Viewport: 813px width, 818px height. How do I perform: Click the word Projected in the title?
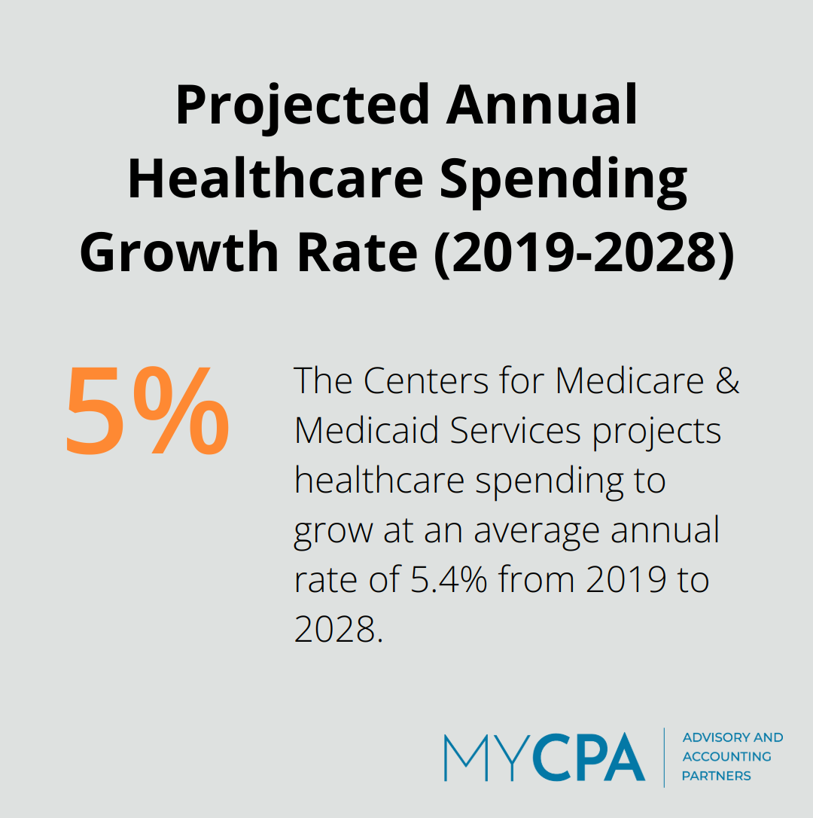(303, 105)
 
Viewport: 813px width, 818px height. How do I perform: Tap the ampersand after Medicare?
(726, 381)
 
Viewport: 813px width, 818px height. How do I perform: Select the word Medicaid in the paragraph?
(366, 431)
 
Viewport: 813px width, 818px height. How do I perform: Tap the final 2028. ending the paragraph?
(339, 630)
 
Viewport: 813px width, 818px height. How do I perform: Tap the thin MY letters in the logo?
(486, 758)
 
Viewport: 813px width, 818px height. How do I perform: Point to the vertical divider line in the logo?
(664, 757)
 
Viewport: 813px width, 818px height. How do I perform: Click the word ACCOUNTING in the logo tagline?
(726, 756)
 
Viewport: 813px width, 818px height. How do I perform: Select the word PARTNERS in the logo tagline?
(716, 776)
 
